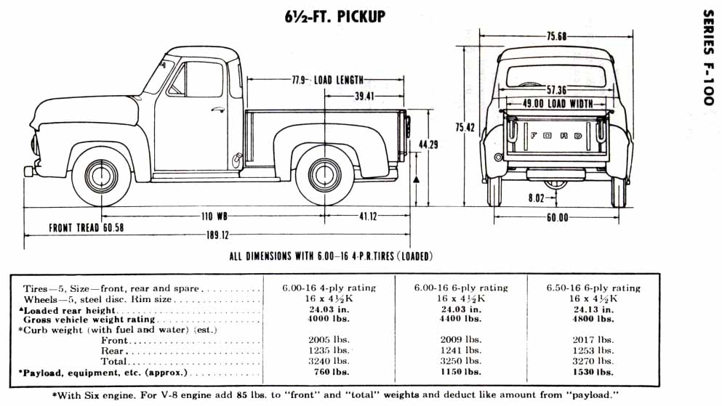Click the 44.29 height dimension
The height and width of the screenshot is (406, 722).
click(x=428, y=145)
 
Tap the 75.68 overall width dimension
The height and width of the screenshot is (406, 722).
click(x=557, y=37)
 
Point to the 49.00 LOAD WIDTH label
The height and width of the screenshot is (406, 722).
click(x=558, y=104)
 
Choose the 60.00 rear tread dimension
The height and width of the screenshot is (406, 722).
click(x=557, y=217)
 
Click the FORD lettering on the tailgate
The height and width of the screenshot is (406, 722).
click(x=556, y=135)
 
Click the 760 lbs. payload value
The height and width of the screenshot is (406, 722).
click(x=329, y=373)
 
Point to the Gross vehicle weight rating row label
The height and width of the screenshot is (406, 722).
click(x=89, y=319)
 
